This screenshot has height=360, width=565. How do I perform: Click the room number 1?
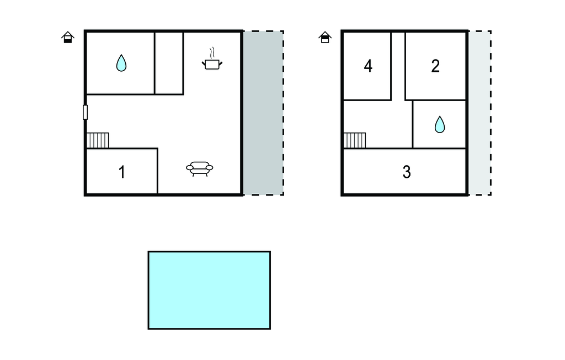tap(122, 172)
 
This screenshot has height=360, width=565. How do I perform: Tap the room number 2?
tap(435, 66)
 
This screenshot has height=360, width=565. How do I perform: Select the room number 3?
tap(407, 172)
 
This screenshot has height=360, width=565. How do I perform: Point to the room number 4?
tap(368, 66)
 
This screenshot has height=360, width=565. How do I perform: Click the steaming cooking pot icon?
tap(212, 59)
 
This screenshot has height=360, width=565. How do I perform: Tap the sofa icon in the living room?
tap(199, 168)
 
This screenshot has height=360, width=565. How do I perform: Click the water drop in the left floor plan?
tap(121, 63)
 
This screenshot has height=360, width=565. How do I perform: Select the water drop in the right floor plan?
tap(440, 124)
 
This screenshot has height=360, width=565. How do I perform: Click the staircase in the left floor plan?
tap(98, 140)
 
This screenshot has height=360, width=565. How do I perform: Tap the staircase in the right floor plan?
tap(355, 140)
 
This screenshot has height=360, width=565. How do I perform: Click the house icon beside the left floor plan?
tap(68, 37)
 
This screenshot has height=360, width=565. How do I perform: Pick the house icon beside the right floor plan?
tap(325, 37)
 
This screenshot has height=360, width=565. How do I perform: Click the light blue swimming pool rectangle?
tap(209, 290)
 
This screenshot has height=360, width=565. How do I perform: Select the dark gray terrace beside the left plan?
tap(263, 113)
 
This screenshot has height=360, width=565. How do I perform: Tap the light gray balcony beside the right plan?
tap(480, 113)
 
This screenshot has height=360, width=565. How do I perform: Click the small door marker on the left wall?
tap(86, 112)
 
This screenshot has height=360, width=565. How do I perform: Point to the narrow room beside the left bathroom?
tap(169, 63)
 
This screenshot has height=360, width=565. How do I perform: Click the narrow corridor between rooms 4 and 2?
tap(398, 66)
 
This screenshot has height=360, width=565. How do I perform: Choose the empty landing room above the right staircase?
tap(378, 117)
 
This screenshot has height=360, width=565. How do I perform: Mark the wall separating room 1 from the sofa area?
tap(158, 171)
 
